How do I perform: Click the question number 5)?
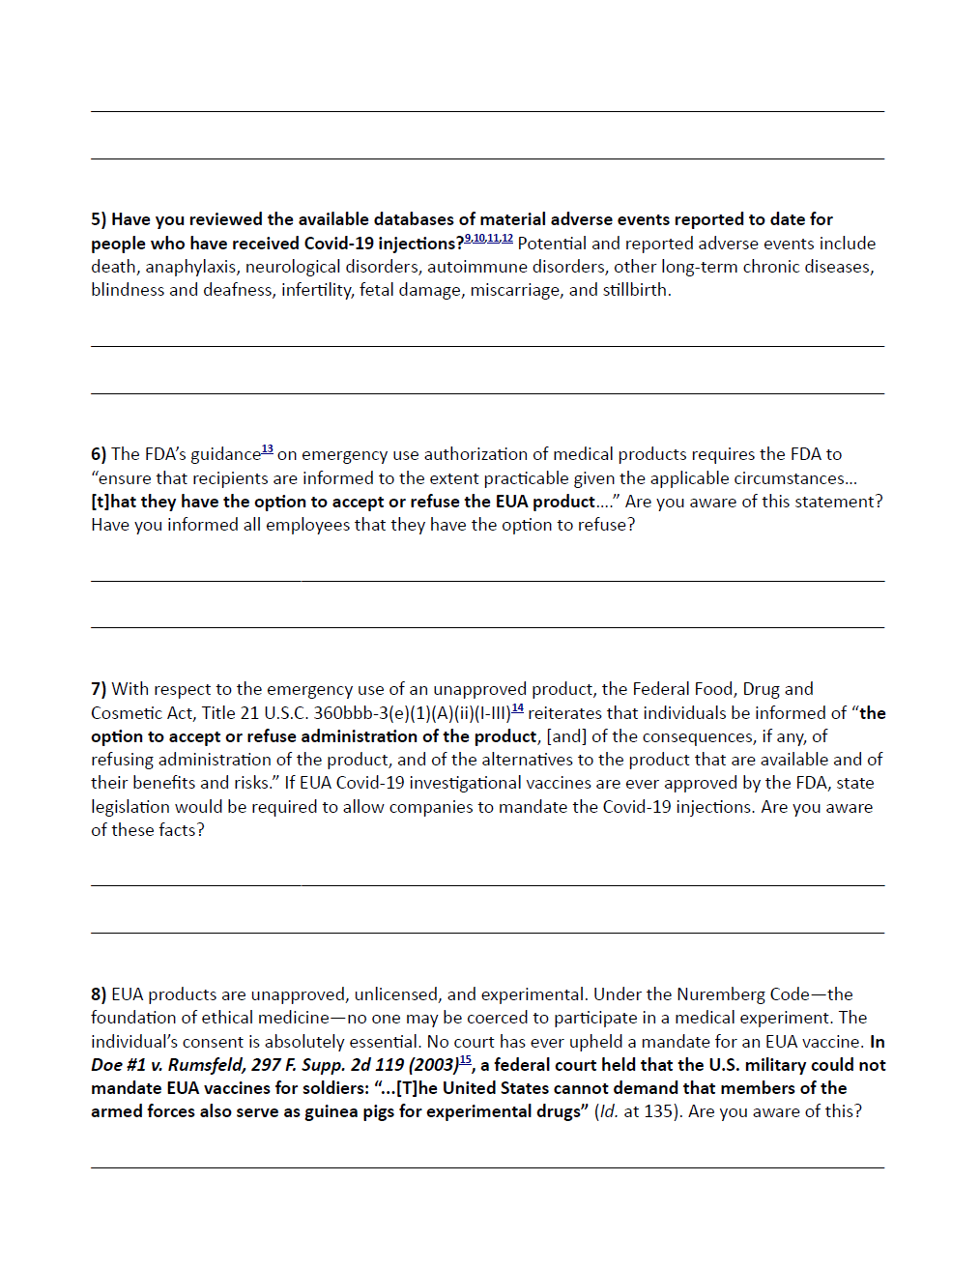[99, 219]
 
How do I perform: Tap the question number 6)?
[99, 454]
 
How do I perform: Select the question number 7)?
[99, 689]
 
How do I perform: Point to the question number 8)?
[99, 994]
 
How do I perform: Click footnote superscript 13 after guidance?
[268, 449]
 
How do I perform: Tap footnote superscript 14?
[518, 708]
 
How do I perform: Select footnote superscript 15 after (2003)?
[465, 1060]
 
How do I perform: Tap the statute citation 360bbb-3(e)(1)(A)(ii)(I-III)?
[412, 713]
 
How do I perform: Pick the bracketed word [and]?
[566, 736]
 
